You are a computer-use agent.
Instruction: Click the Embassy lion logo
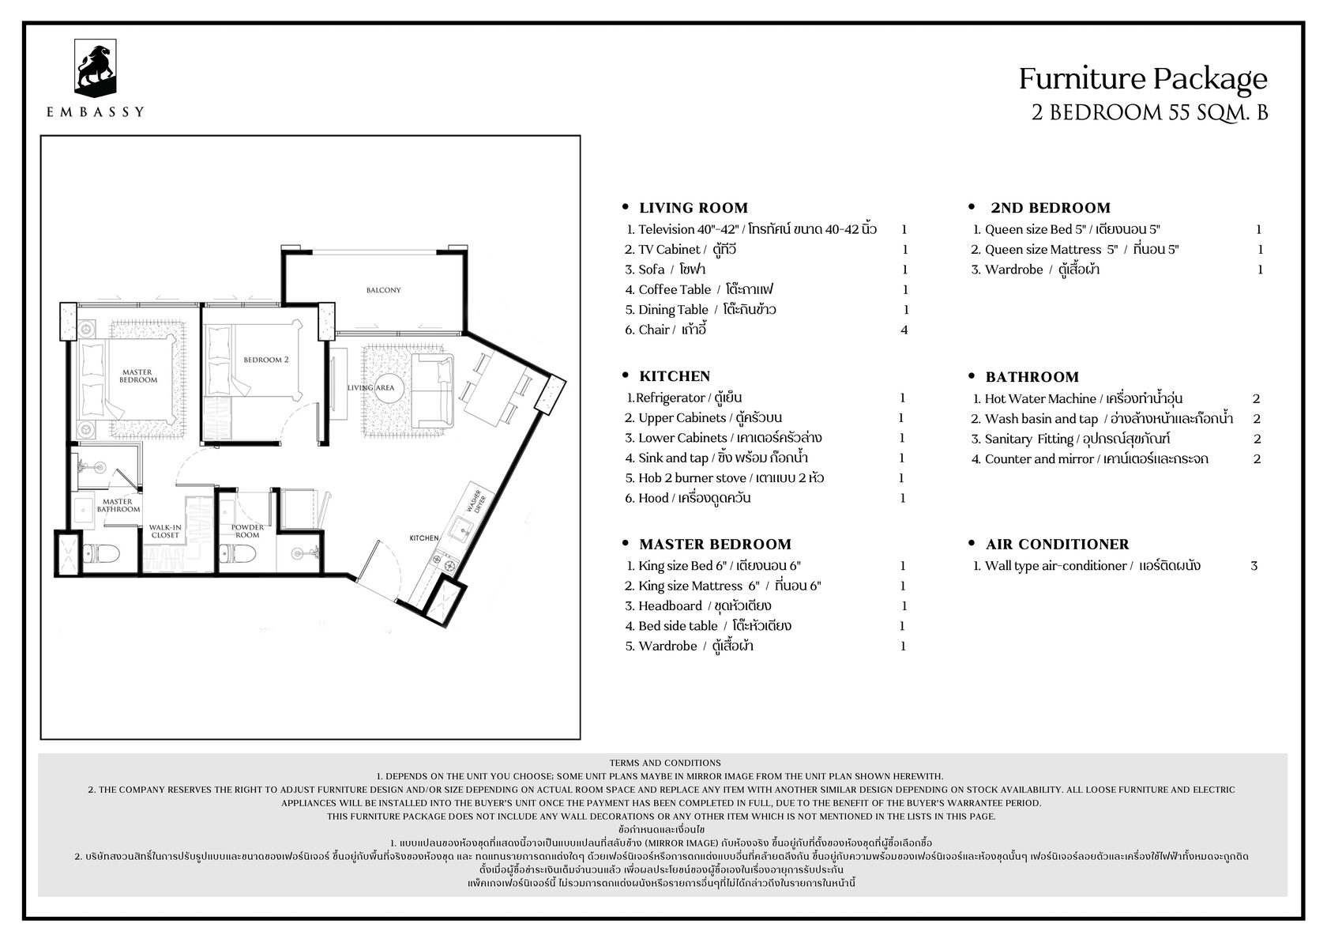(95, 68)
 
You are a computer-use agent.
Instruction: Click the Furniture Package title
(1143, 79)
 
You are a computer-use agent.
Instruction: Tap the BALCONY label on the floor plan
(383, 290)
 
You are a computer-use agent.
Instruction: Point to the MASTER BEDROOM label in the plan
(138, 376)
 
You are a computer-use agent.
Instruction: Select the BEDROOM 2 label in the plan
(266, 360)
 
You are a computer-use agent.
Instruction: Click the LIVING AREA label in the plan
(371, 387)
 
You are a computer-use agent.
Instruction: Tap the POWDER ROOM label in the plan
(248, 530)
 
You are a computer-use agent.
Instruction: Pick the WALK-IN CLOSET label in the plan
(164, 530)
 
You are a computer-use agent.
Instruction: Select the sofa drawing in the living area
(432, 391)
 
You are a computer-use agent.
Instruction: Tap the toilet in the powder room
(238, 554)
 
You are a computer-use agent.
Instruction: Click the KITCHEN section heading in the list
(675, 376)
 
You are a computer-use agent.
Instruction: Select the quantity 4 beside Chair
(904, 330)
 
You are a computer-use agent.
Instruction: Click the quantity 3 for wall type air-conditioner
(1254, 566)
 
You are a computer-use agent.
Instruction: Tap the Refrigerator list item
(684, 398)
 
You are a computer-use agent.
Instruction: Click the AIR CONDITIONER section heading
(1057, 544)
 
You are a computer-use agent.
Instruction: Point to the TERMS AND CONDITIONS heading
(665, 763)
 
